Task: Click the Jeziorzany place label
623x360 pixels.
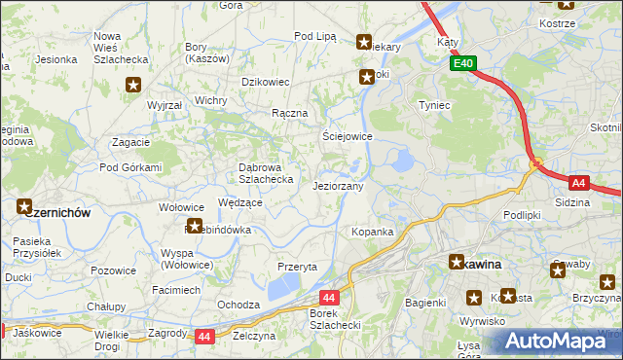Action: click(x=339, y=186)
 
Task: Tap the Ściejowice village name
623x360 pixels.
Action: click(x=348, y=136)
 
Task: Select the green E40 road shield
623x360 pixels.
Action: click(x=462, y=63)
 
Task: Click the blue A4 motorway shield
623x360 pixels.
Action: click(x=579, y=182)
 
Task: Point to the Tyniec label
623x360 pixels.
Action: click(x=433, y=104)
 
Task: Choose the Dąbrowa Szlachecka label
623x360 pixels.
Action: click(x=266, y=172)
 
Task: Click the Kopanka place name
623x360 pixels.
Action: click(x=372, y=232)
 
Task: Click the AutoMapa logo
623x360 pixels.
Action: click(x=557, y=342)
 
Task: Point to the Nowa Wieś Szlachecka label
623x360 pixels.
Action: click(x=120, y=48)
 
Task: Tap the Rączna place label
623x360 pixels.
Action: click(x=290, y=113)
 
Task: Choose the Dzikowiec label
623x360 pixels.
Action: click(x=266, y=82)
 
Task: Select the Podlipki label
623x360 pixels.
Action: click(x=522, y=214)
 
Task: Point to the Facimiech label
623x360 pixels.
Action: click(x=176, y=290)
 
